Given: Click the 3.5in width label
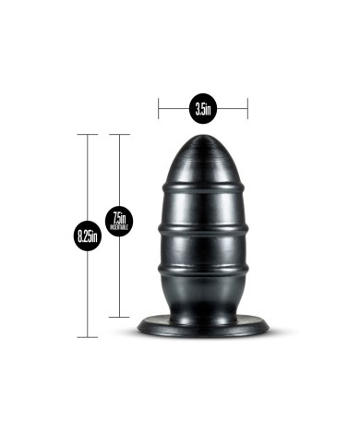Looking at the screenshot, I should tap(203, 110).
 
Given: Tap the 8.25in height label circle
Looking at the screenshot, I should tap(88, 236).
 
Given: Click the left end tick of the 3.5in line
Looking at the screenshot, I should tap(159, 110).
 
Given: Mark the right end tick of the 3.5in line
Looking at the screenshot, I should tap(247, 110).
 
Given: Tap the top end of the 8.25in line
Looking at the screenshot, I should tap(88, 135).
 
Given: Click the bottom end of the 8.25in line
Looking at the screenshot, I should tap(88, 336).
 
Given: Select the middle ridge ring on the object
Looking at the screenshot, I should tap(203, 227).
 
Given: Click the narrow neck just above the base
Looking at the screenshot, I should tap(203, 308).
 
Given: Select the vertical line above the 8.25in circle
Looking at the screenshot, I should tap(88, 175).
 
